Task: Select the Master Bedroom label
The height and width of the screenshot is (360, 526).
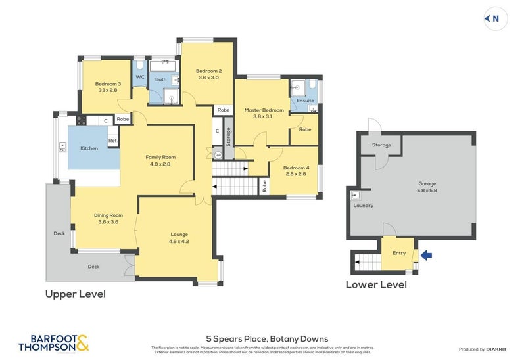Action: (264, 113)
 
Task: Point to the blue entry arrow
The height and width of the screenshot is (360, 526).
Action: (426, 255)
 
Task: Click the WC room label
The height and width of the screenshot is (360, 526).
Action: (140, 77)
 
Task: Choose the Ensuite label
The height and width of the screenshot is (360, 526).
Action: (304, 101)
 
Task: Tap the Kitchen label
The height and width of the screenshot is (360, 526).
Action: (89, 148)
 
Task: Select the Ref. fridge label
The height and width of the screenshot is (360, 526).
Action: (112, 141)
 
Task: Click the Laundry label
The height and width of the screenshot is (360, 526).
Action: (364, 206)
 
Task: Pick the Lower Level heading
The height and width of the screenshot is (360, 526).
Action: (376, 284)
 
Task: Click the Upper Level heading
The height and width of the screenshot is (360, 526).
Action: (75, 294)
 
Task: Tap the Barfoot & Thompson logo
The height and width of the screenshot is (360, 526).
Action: (53, 343)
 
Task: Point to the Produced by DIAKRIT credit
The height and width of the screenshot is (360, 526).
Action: (483, 349)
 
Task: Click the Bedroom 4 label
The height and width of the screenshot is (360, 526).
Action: (296, 171)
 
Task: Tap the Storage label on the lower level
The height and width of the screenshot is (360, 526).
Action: (381, 145)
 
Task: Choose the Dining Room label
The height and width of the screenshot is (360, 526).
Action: (108, 218)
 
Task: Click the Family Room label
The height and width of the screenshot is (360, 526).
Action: (160, 160)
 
